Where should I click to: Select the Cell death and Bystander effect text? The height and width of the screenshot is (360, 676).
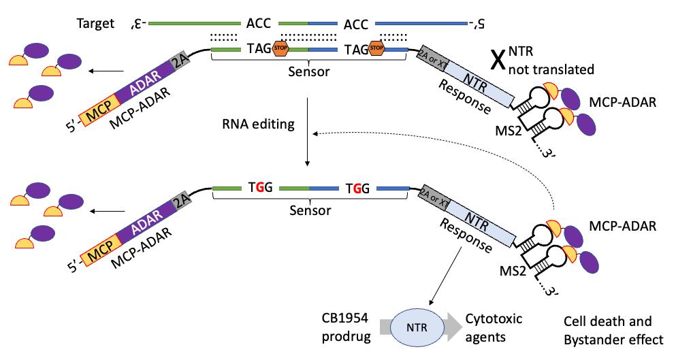point(608,329)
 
